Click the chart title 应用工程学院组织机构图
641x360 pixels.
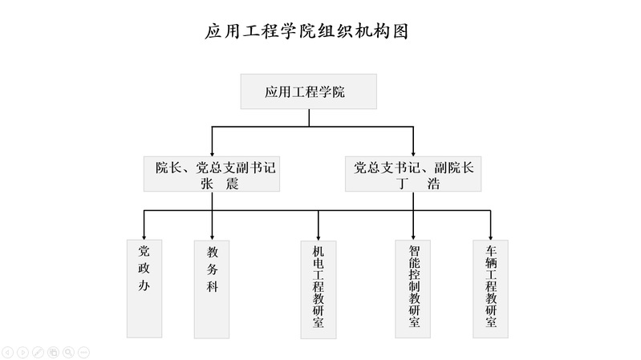click(306, 31)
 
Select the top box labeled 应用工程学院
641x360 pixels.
click(309, 91)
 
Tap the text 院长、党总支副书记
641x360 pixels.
click(216, 168)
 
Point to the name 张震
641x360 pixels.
click(220, 184)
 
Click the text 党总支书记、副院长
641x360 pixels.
click(414, 168)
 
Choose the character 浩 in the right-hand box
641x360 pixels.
click(433, 184)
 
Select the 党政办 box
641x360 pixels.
click(144, 289)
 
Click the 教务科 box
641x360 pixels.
click(212, 289)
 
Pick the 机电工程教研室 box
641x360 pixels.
click(318, 289)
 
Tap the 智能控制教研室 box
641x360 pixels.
click(413, 289)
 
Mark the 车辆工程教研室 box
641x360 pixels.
click(490, 289)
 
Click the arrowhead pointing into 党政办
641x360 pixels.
click(144, 237)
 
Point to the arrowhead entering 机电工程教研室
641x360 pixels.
click(318, 238)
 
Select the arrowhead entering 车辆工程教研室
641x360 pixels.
click(490, 237)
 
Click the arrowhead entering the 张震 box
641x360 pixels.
click(212, 154)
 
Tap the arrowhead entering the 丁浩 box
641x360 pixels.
click(413, 154)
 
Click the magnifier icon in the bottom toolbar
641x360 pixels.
click(68, 352)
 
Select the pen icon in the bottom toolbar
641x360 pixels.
click(38, 352)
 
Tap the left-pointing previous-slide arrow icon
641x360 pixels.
click(8, 352)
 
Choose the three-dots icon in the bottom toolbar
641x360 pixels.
click(83, 352)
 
